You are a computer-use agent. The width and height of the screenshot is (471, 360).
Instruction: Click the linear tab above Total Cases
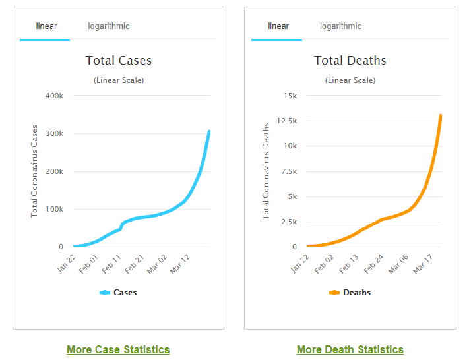click(x=46, y=26)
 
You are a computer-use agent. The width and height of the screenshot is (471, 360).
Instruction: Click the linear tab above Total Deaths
click(x=278, y=26)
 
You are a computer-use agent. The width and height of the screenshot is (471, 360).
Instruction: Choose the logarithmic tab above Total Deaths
click(x=340, y=26)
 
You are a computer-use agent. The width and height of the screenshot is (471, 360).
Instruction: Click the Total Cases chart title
click(x=119, y=61)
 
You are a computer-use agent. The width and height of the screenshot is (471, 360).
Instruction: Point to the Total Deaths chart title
click(x=350, y=61)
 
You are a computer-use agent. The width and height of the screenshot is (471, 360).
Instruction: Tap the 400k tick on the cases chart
click(x=54, y=96)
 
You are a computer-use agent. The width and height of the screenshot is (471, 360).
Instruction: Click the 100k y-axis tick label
click(x=54, y=210)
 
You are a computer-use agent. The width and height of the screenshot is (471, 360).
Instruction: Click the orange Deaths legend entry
click(x=350, y=293)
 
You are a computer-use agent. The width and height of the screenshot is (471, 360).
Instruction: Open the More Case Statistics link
click(x=118, y=350)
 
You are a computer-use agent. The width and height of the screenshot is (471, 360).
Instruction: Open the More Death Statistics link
click(x=350, y=350)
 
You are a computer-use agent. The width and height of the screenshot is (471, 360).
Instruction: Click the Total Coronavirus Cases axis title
click(x=35, y=171)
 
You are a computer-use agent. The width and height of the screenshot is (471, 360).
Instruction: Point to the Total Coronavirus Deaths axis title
click(x=267, y=171)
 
